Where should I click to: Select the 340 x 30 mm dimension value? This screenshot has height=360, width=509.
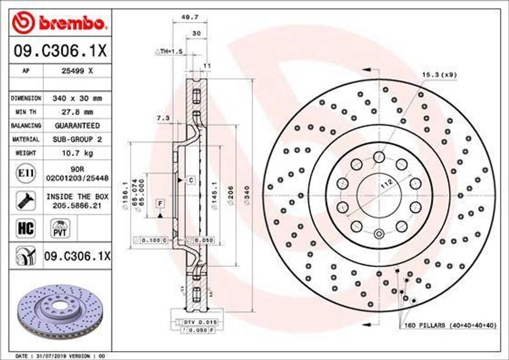[x=77, y=98]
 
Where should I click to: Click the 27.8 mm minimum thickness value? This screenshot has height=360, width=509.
[x=77, y=112]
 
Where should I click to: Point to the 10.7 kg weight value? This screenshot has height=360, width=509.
[x=77, y=154]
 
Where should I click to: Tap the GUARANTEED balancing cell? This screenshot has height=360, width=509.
[x=77, y=126]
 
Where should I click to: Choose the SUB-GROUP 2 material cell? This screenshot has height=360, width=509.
[x=77, y=140]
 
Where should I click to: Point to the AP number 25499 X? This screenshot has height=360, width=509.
[x=77, y=71]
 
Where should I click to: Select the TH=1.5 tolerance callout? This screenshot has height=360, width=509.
[x=170, y=51]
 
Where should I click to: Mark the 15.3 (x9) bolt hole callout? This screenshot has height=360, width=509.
[x=439, y=75]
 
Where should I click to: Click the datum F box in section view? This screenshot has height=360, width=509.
[x=160, y=203]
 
